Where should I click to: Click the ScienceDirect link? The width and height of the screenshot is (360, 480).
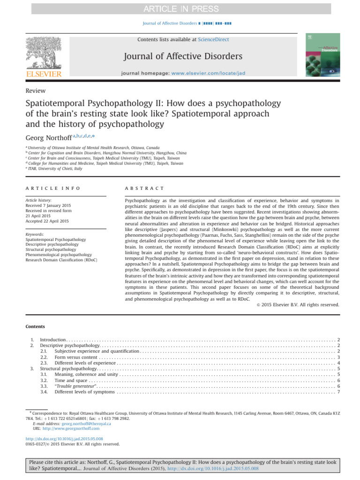point(213,40)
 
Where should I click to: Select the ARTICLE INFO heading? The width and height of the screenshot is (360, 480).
point(52,188)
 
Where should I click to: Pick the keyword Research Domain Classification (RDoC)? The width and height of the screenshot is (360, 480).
point(61,259)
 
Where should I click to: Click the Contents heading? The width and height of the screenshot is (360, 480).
point(35,326)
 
